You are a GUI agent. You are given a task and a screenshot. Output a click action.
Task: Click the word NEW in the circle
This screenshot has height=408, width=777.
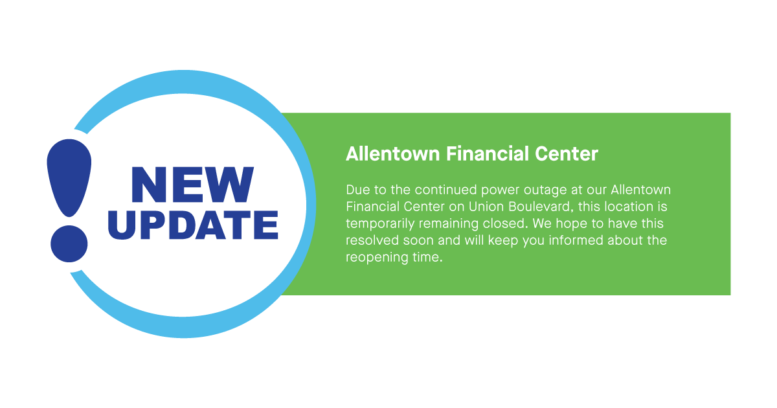tap(192, 185)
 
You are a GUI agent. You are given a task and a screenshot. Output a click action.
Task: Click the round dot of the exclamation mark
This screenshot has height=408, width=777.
tap(69, 244)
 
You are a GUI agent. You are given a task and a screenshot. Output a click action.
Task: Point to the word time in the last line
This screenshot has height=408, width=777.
tap(427, 258)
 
